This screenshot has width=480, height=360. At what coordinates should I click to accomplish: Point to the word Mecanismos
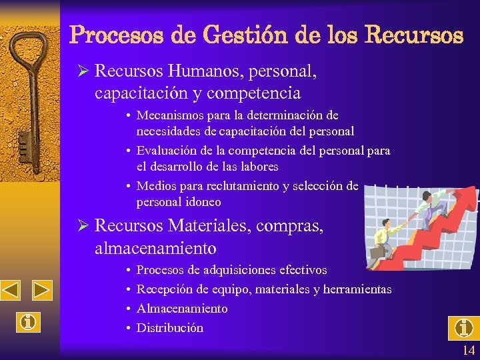click(x=173, y=116)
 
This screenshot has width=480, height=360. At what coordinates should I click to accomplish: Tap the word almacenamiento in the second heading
click(x=155, y=248)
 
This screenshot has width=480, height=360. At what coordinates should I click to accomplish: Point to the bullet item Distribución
click(x=170, y=328)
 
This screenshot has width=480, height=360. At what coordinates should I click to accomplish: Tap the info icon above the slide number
click(x=464, y=327)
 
